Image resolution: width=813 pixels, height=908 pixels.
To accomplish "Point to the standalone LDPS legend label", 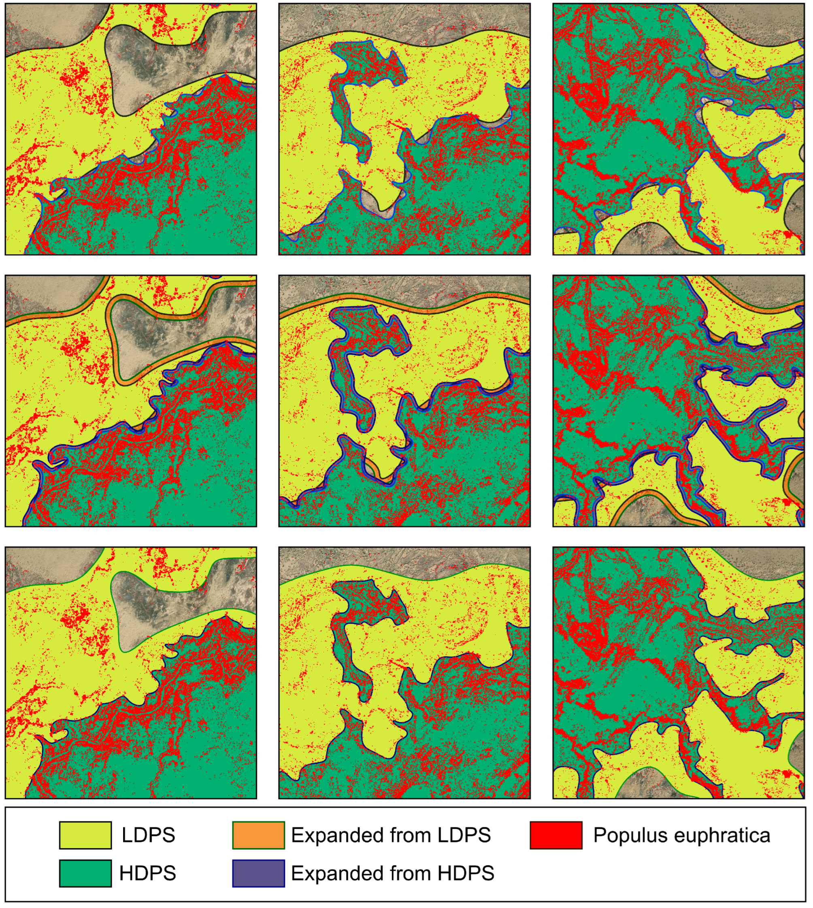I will pyautogui.click(x=148, y=835).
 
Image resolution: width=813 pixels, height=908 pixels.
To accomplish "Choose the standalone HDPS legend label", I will pyautogui.click(x=147, y=873).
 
